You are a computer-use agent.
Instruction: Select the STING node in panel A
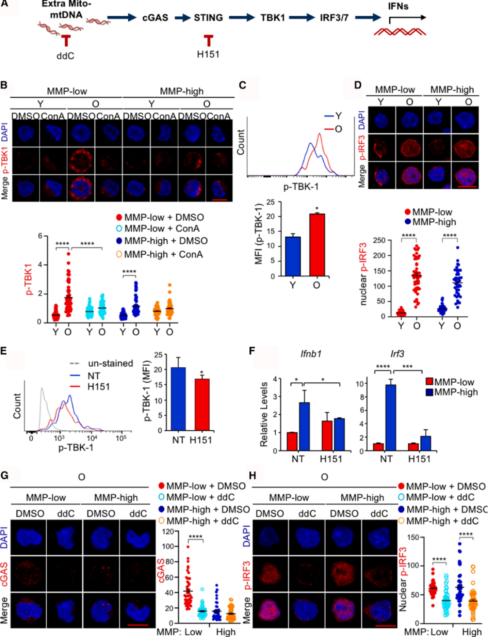[x=208, y=18]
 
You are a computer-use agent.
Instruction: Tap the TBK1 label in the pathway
[x=273, y=18]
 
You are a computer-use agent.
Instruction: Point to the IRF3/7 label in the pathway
[x=334, y=18]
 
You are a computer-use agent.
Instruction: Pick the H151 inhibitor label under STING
[x=208, y=55]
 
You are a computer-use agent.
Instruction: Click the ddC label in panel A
[x=65, y=56]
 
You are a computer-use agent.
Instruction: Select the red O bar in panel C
[x=317, y=245]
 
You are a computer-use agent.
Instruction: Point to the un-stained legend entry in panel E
[x=110, y=363]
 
